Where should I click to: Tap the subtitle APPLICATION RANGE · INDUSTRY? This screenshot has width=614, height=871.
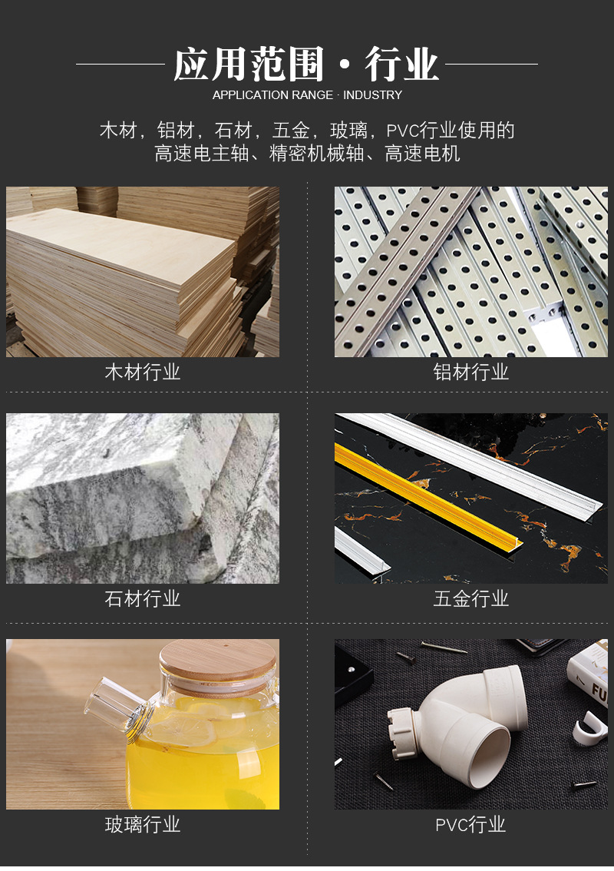tap(307, 95)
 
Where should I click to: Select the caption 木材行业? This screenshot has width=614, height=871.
tap(143, 373)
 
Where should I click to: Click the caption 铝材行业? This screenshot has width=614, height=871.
tap(471, 373)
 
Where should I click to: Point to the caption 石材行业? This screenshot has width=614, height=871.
tap(143, 598)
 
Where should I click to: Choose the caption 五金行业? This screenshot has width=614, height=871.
tap(471, 598)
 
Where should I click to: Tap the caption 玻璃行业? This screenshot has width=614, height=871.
tap(143, 825)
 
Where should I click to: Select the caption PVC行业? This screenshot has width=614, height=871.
tap(471, 825)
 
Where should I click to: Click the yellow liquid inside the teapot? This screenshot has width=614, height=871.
tap(200, 768)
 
